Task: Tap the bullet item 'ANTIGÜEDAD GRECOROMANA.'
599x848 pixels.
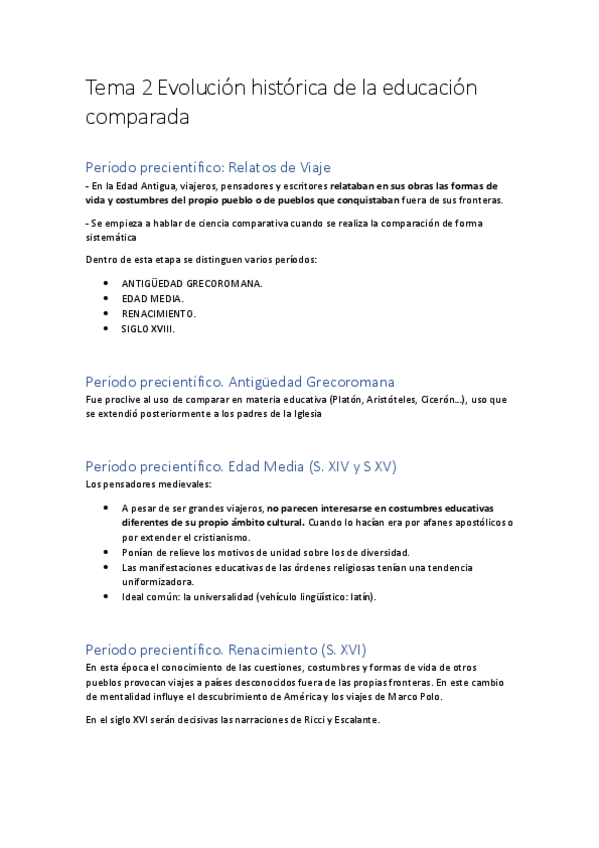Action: (x=192, y=283)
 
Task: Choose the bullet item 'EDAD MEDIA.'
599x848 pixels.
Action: (x=153, y=298)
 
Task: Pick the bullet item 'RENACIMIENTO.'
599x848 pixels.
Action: (x=159, y=313)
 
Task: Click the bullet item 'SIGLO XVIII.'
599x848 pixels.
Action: (x=148, y=327)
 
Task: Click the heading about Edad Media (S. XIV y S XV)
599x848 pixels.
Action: (x=242, y=466)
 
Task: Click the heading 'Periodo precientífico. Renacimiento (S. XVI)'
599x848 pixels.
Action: (x=233, y=649)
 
